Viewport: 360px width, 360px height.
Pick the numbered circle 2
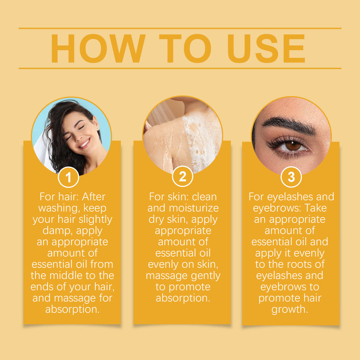coord(182,177)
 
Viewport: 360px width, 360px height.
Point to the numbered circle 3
coord(291,177)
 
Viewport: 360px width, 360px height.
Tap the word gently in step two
coord(204,276)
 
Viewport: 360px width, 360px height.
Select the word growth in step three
coord(290,309)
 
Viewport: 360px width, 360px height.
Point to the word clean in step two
coord(204,197)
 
